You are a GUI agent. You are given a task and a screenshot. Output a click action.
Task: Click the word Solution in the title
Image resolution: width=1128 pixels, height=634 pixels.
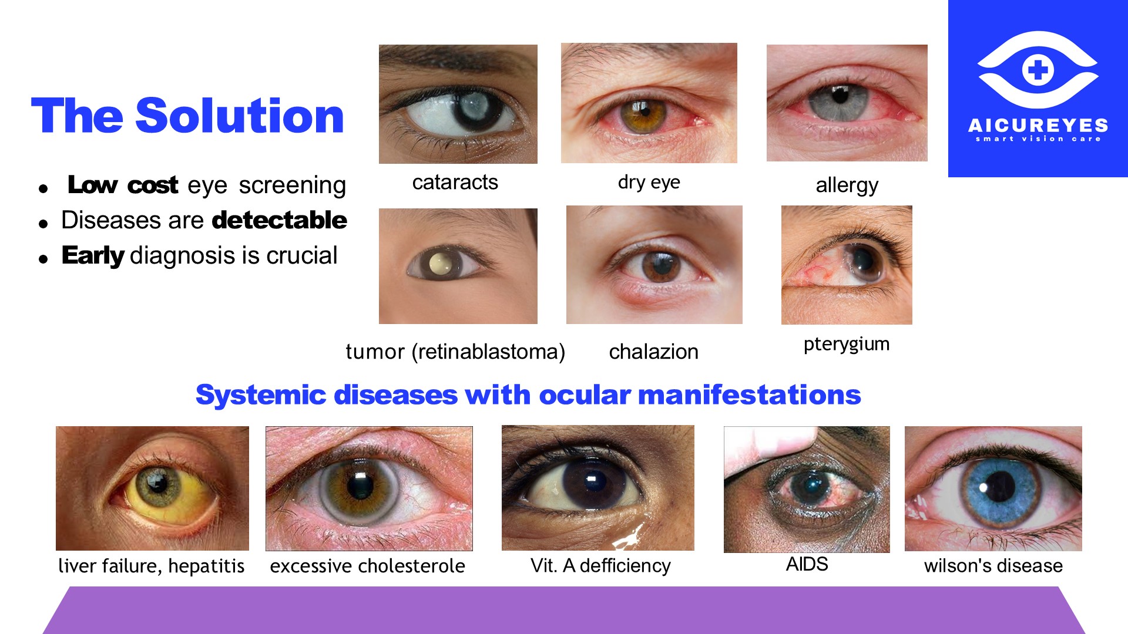click(240, 116)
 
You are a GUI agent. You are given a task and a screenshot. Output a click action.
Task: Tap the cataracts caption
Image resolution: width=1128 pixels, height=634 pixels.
click(455, 182)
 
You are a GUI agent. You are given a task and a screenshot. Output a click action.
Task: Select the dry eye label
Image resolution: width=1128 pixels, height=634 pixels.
click(649, 182)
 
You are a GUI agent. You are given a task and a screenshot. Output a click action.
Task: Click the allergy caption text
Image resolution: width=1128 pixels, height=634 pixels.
click(847, 186)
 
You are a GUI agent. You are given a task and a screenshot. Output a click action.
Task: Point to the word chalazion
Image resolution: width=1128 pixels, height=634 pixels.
click(653, 352)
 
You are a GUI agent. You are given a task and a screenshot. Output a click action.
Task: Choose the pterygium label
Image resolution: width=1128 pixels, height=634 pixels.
click(846, 344)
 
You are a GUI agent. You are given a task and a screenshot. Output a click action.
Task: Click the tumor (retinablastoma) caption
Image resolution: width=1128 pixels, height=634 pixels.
click(455, 352)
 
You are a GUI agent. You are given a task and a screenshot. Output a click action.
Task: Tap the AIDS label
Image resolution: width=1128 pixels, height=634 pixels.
click(807, 564)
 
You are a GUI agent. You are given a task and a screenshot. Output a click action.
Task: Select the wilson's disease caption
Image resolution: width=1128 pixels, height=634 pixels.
click(993, 565)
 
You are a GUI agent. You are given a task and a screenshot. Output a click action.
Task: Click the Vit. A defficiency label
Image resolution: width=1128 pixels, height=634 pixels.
click(600, 565)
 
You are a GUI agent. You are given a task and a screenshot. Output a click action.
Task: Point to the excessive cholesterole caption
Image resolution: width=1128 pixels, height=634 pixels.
click(367, 566)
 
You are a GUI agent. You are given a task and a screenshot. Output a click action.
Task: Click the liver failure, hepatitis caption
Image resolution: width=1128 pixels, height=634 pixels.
click(151, 566)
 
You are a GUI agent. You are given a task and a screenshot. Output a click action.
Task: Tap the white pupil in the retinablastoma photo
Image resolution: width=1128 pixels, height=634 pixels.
click(440, 264)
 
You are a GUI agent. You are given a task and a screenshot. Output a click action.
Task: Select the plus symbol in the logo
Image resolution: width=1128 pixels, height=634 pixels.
click(1038, 70)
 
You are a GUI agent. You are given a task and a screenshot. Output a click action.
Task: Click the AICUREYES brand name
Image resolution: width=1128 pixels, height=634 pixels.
click(1038, 125)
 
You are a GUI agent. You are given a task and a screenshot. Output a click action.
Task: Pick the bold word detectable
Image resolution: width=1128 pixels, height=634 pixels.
click(279, 220)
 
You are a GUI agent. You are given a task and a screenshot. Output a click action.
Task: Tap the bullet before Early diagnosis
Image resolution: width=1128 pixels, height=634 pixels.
click(43, 258)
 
